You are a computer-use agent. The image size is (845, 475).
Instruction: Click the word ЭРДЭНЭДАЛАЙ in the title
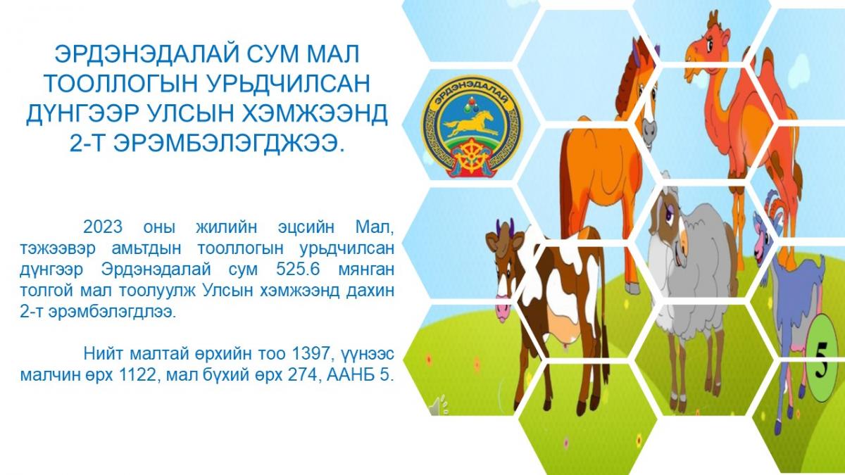[x=147, y=55]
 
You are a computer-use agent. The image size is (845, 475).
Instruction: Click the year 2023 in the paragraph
[x=103, y=227]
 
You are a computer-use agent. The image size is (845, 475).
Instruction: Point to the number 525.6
[x=298, y=270]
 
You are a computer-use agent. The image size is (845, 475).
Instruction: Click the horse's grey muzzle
[x=648, y=133]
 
